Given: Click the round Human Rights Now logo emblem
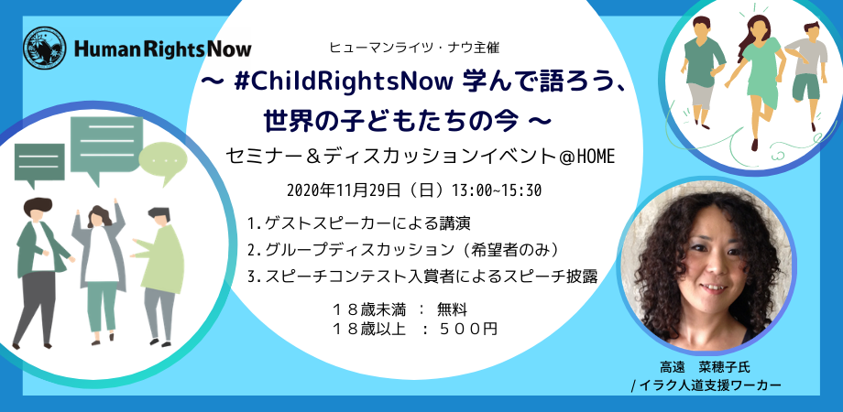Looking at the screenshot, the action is pos(45,49).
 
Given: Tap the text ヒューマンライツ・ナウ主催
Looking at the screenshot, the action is pos(414,48).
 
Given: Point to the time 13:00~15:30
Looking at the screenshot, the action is pos(498,190).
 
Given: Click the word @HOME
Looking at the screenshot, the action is pos(585,157).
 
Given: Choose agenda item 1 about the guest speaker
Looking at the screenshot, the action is pos(360,222).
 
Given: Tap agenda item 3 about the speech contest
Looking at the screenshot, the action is pos(423,276).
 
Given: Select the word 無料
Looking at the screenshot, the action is pos(452,309).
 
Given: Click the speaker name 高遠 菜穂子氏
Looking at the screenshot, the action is pos(705,368).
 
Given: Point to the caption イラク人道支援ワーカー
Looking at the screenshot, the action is pos(709,385).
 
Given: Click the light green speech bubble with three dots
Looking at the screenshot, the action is pos(163,161).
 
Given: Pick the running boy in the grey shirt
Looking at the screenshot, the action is pos(806,76).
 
